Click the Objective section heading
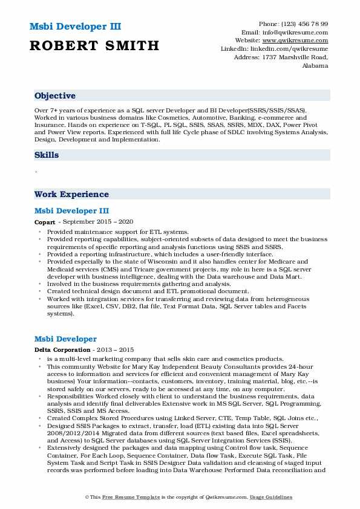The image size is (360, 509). (55, 96)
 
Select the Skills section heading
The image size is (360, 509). (47, 155)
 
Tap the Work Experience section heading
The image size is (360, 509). (71, 195)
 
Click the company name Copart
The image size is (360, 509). (45, 222)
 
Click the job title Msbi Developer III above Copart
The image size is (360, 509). (71, 211)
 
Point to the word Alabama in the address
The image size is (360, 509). (315, 65)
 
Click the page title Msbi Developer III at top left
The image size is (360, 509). (74, 27)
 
